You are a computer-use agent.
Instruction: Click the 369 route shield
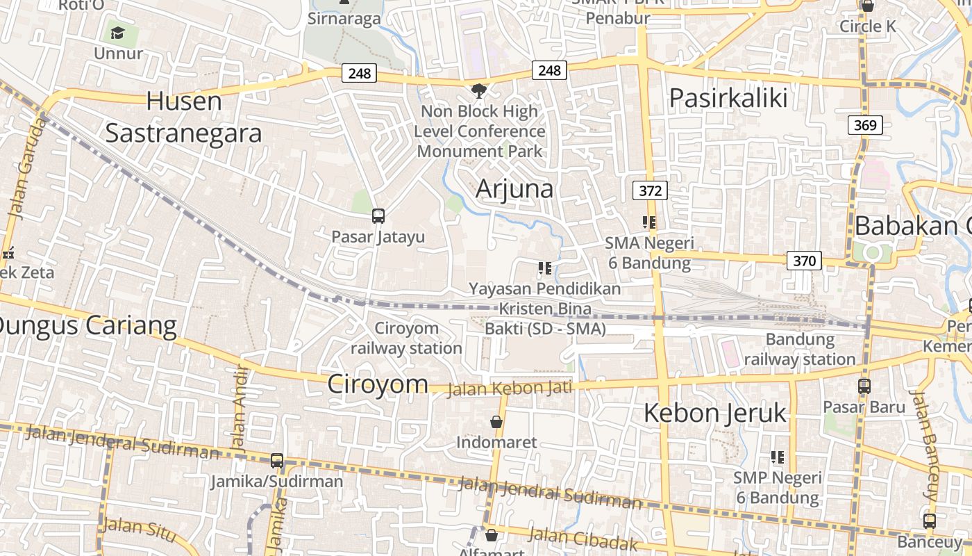click(x=864, y=125)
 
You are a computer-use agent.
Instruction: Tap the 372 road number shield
click(x=650, y=190)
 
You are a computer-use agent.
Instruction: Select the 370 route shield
click(x=804, y=261)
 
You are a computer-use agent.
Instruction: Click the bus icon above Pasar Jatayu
click(x=378, y=216)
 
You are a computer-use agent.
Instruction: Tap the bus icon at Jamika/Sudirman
click(x=277, y=460)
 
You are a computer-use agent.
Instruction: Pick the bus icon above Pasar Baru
click(x=864, y=386)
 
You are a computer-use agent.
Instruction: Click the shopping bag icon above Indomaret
click(x=496, y=422)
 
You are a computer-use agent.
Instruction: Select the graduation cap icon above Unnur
click(x=117, y=33)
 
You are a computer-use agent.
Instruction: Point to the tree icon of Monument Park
click(x=478, y=90)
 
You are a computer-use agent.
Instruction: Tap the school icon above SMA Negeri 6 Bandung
click(x=649, y=222)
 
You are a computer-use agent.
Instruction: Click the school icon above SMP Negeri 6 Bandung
click(x=778, y=457)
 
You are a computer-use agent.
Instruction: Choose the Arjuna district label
click(x=514, y=188)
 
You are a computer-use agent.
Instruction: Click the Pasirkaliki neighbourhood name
click(x=728, y=98)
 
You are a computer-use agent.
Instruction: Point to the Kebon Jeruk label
click(x=715, y=413)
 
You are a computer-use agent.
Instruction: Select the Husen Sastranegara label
click(x=184, y=117)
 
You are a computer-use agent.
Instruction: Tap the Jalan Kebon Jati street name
click(x=510, y=387)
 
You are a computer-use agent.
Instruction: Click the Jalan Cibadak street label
click(x=583, y=539)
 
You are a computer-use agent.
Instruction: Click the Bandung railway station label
click(x=800, y=350)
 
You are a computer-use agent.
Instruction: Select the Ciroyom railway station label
click(x=406, y=338)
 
